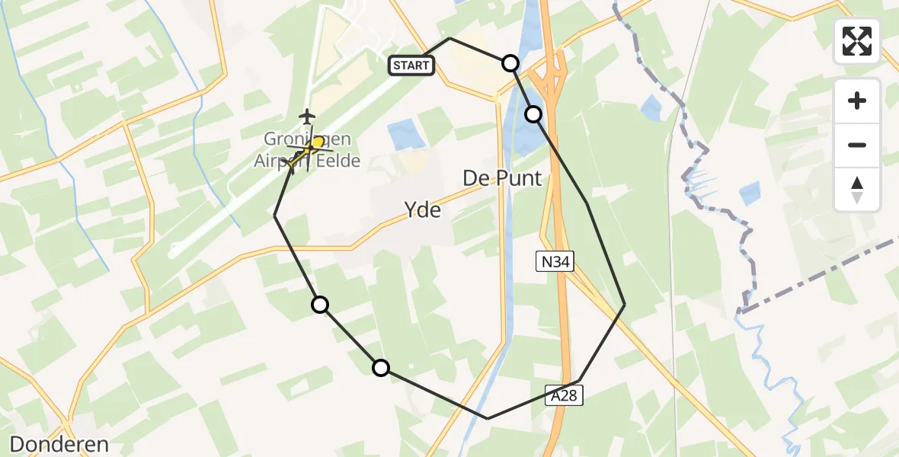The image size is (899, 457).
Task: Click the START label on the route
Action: click(x=411, y=66)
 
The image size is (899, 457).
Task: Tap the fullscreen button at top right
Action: click(x=857, y=41)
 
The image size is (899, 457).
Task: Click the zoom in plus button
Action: click(x=857, y=101)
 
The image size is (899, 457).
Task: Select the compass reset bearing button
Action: click(x=857, y=190)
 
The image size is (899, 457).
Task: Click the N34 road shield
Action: click(x=554, y=262)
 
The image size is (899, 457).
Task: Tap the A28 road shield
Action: click(x=565, y=394)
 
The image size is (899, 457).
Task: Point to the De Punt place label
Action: click(x=502, y=178)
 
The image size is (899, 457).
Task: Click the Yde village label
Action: click(x=422, y=209)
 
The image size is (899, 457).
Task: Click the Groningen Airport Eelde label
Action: click(x=307, y=150)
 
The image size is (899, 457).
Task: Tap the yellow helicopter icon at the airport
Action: click(x=313, y=145)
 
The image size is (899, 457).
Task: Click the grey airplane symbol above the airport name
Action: click(x=307, y=117)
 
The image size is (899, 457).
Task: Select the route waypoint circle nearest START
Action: click(x=510, y=63)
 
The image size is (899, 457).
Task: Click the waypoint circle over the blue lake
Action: click(x=534, y=114)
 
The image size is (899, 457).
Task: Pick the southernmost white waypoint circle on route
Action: click(x=380, y=368)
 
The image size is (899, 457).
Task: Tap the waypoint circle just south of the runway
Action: click(x=320, y=305)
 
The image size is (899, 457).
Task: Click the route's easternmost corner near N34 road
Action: click(x=625, y=305)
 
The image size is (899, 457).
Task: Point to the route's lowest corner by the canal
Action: click(x=488, y=418)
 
